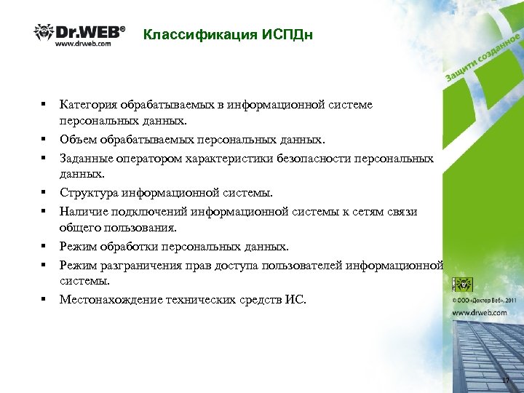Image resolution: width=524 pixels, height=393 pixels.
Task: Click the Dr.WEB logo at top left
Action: point(80,33)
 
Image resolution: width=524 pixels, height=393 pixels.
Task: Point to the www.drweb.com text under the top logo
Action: point(83,44)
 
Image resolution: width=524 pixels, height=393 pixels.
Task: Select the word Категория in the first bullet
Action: point(87,105)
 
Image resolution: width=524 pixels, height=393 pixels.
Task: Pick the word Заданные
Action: point(84,158)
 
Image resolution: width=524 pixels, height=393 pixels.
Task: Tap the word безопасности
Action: point(321,158)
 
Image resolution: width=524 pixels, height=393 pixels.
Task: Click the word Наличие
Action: point(83,212)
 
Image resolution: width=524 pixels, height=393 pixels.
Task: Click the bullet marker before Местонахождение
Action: point(44,299)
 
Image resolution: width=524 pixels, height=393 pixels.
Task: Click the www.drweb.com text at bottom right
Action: point(480,312)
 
